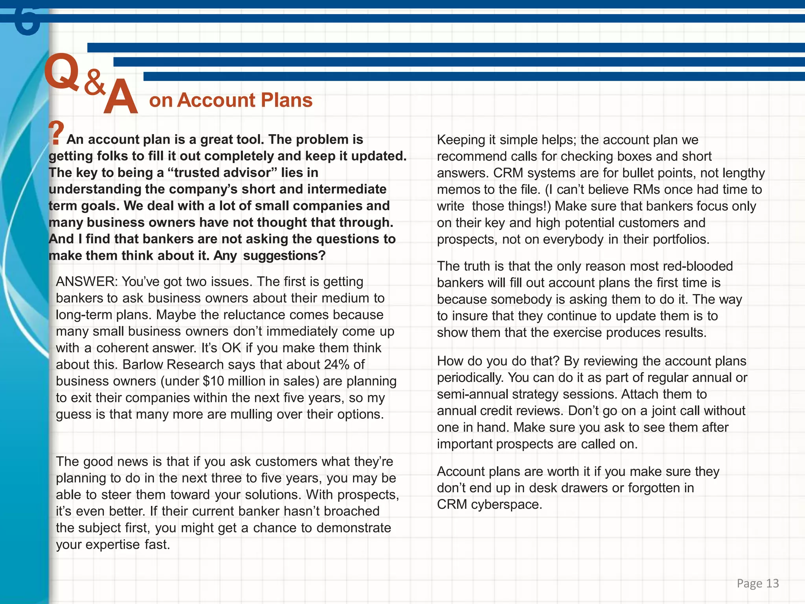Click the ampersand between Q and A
95,82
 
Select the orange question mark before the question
56,133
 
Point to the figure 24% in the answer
336,365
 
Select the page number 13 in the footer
772,583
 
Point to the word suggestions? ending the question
284,256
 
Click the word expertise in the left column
112,545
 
